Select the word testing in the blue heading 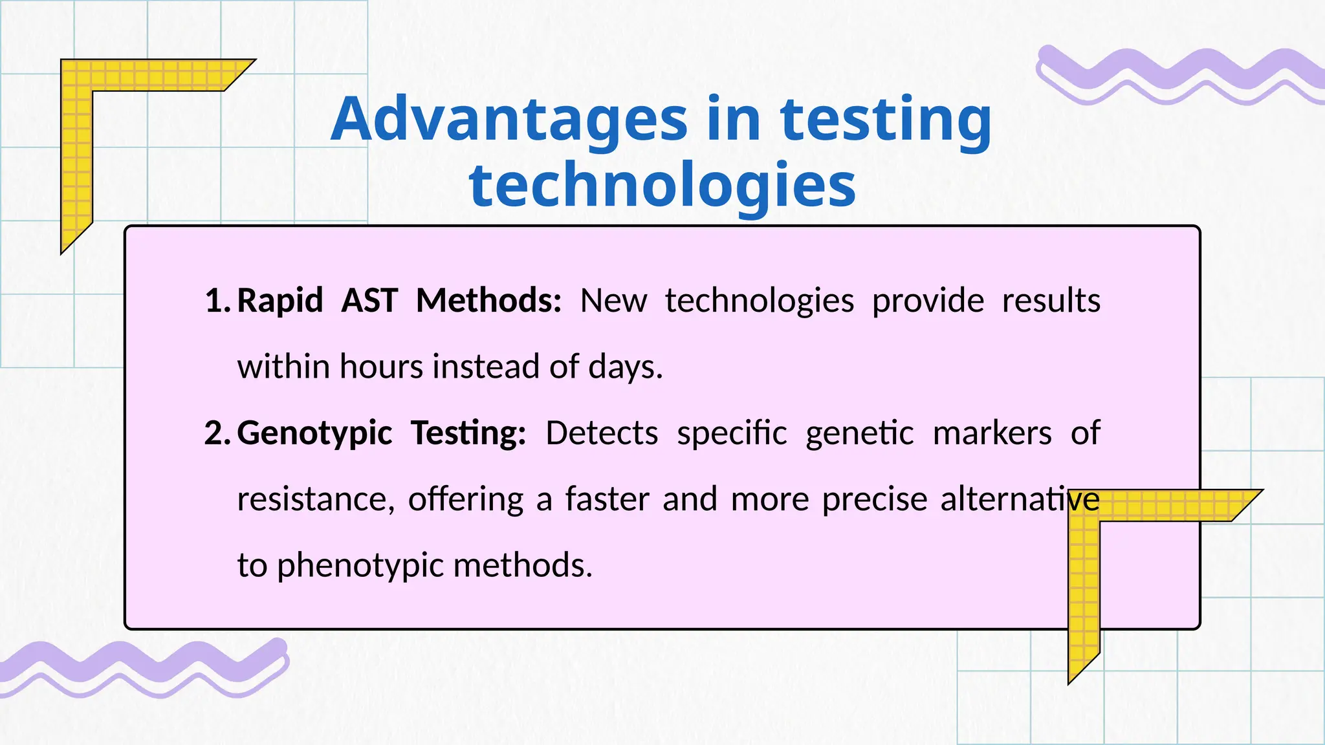[886, 120]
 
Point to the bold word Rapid [280, 301]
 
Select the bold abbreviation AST [369, 301]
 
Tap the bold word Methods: [488, 301]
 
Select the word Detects [602, 433]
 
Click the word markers [992, 433]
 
